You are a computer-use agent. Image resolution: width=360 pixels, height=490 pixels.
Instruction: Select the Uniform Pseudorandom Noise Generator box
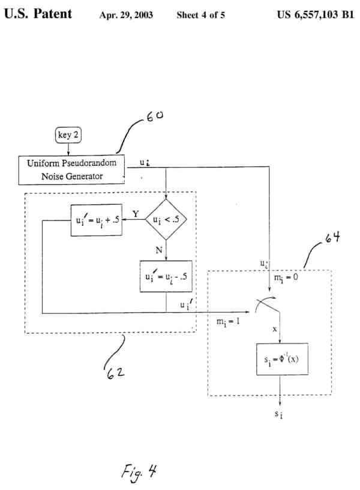coord(71,169)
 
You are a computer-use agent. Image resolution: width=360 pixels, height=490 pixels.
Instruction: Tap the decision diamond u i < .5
coord(166,220)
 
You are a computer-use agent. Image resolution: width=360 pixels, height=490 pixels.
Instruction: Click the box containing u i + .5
coord(96,220)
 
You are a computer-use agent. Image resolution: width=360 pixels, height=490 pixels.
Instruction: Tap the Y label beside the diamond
coord(136,213)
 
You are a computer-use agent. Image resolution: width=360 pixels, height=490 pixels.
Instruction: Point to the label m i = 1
coord(229,321)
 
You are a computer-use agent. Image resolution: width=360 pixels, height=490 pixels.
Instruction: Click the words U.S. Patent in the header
coord(38,13)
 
